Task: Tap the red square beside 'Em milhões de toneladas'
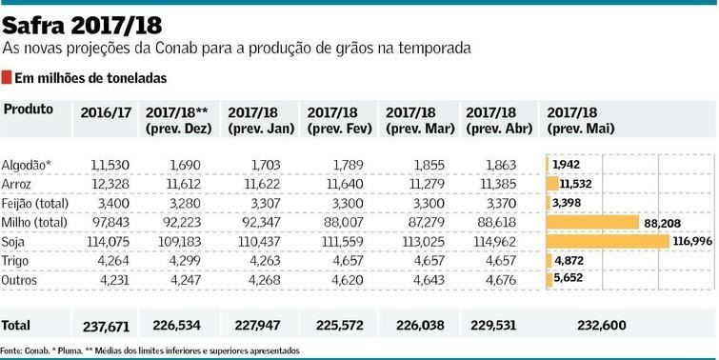(7, 77)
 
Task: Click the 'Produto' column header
(29, 110)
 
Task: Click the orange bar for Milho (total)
(591, 221)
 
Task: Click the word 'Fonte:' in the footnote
(12, 350)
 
